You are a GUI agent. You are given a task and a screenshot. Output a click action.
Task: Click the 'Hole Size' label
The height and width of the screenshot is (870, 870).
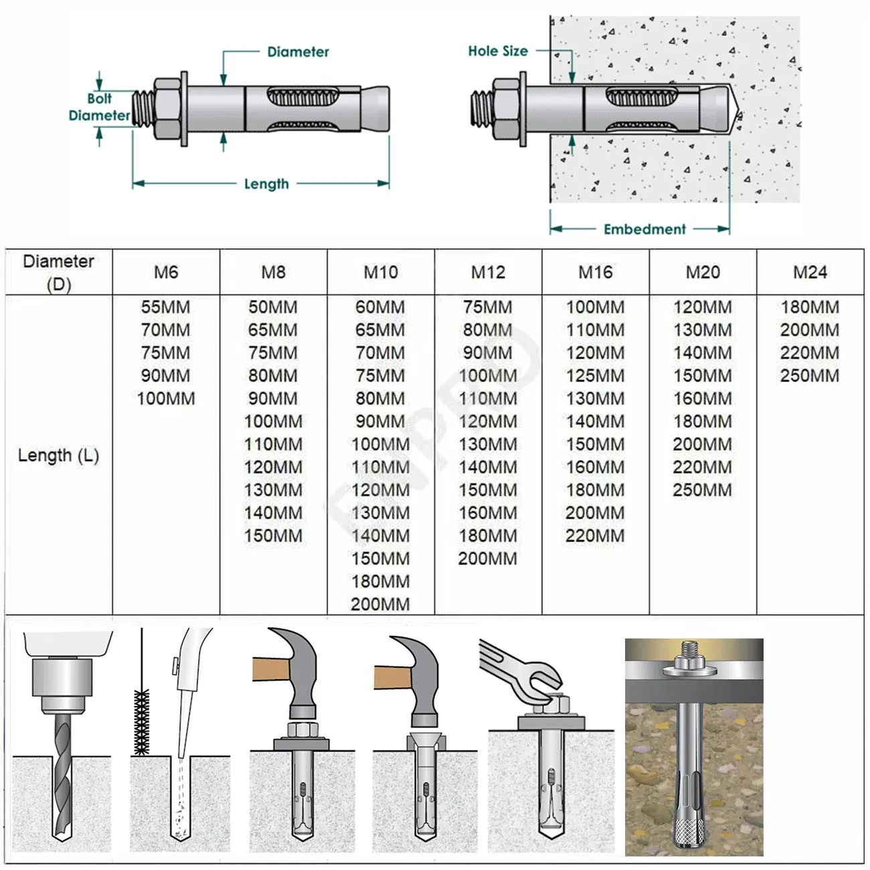(497, 51)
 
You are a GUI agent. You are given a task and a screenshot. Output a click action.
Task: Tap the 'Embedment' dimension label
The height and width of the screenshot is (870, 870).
(644, 229)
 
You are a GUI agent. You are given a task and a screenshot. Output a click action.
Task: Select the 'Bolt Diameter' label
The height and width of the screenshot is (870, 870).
(99, 107)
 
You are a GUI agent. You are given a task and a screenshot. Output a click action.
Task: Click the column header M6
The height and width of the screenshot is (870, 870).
(166, 272)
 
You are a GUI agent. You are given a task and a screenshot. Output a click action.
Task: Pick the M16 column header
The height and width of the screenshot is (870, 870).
(595, 272)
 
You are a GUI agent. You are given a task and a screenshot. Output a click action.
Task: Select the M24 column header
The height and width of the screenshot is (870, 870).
(810, 272)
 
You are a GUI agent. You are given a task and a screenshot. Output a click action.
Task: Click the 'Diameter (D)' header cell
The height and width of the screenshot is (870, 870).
(58, 272)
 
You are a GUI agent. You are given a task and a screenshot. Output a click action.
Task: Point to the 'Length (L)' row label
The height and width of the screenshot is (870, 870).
(58, 455)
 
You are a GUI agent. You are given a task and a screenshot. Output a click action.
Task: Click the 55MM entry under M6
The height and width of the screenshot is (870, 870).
(165, 307)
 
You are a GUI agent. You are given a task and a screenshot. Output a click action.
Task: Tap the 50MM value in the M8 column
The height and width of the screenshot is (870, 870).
(273, 307)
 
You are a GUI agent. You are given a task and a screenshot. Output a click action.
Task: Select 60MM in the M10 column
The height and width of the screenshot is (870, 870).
(380, 307)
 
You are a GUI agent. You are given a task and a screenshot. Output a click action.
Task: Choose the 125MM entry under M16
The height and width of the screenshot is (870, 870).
(595, 376)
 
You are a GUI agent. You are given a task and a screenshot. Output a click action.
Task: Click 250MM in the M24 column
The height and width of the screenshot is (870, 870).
(810, 376)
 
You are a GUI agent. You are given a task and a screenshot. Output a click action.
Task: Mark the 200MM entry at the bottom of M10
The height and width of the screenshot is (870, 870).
(380, 604)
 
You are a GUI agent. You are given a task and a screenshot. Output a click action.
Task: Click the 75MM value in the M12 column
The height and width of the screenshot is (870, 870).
(488, 307)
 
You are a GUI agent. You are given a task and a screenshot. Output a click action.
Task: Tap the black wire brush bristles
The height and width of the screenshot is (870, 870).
(141, 723)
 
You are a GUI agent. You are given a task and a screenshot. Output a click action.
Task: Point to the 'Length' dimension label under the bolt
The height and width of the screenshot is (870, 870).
(266, 183)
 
